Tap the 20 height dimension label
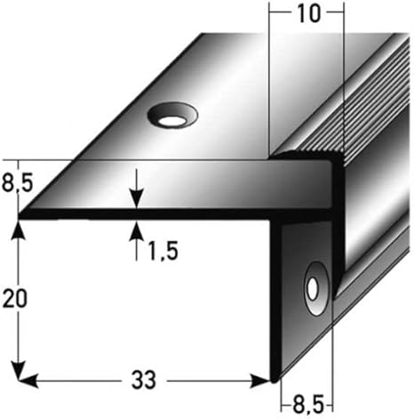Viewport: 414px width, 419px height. [12, 301]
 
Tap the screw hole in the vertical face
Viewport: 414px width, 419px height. [314, 287]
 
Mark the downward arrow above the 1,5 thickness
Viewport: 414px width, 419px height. [136, 199]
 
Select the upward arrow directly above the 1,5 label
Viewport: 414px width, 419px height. [136, 230]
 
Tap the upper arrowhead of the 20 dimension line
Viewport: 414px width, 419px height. [16, 228]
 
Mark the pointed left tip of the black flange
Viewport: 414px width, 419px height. [21, 214]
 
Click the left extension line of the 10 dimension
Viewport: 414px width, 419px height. [268, 80]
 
